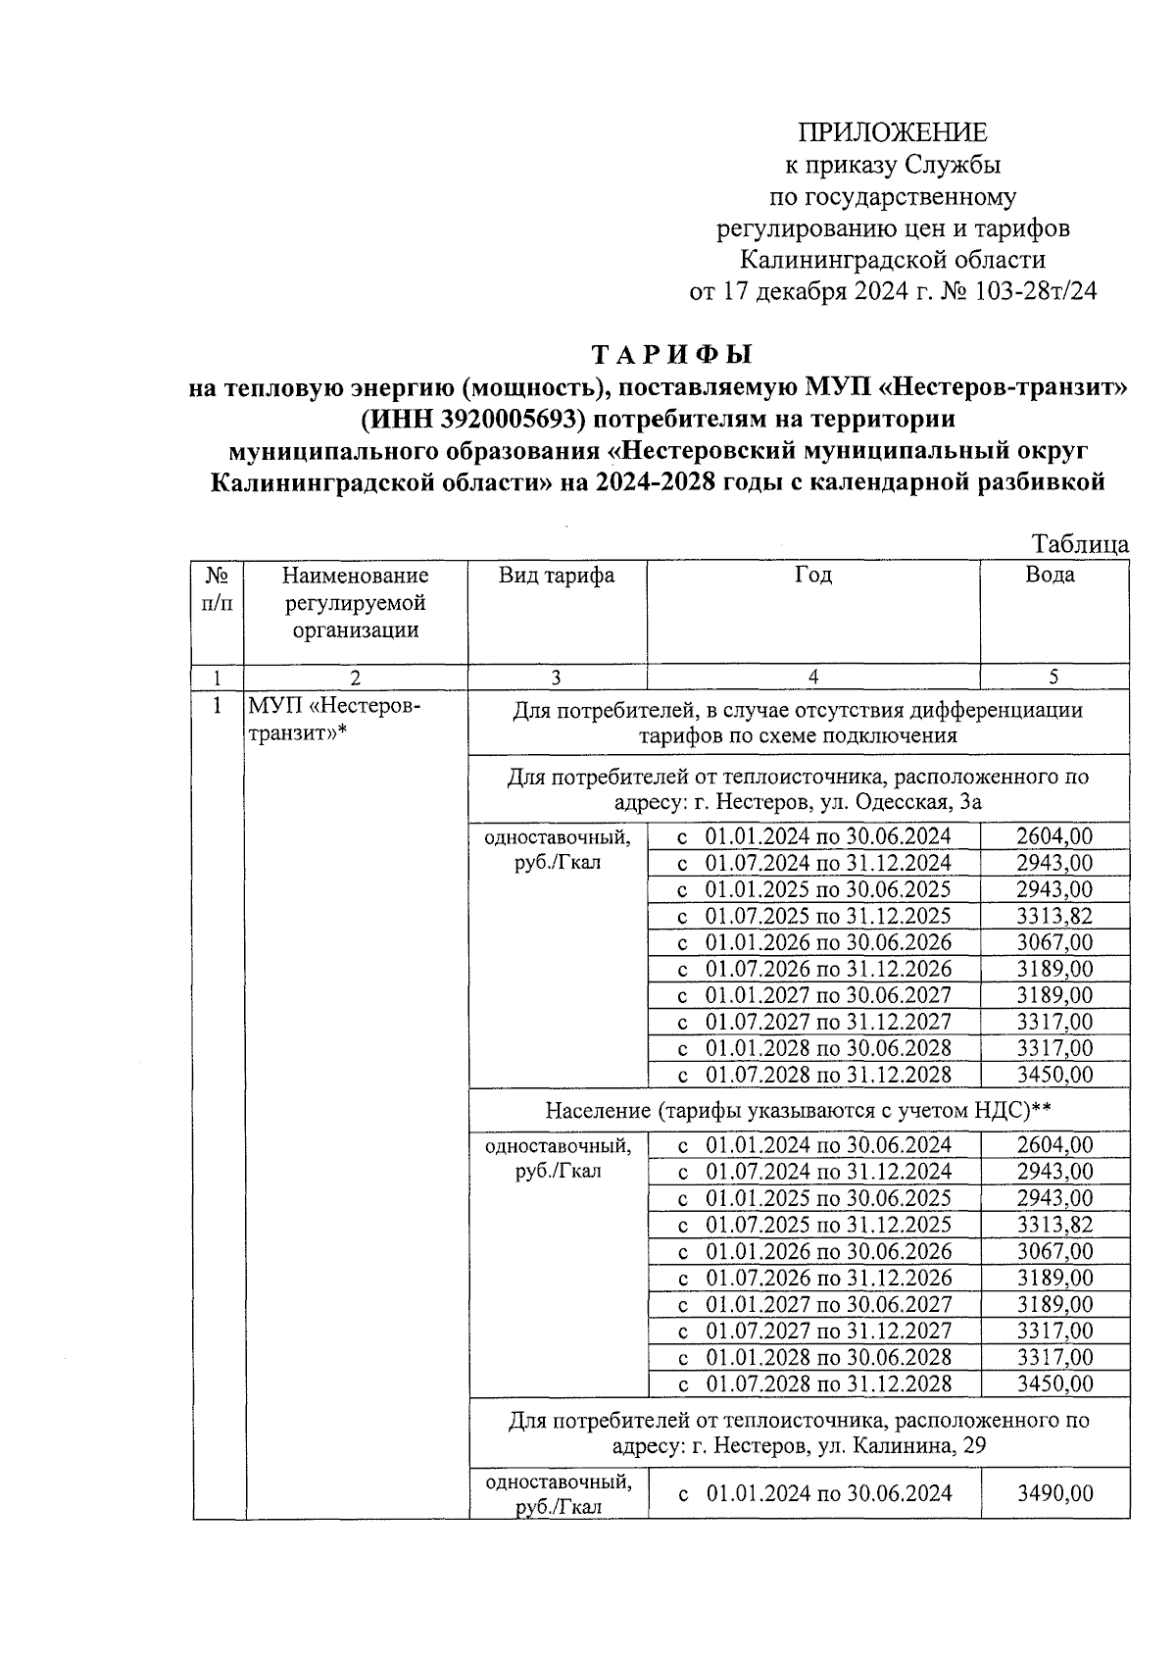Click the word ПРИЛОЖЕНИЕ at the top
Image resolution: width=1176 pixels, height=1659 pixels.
(x=892, y=132)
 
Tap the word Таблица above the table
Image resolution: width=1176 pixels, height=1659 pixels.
(x=1080, y=544)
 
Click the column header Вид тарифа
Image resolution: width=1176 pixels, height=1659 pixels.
(x=557, y=576)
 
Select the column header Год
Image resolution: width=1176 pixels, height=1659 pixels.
(x=812, y=576)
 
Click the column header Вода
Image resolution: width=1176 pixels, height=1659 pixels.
(x=1050, y=576)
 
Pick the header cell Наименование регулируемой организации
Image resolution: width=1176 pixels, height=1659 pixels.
(x=355, y=602)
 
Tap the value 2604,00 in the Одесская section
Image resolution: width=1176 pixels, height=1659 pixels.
(x=1054, y=836)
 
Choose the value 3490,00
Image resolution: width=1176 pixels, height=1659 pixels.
(x=1054, y=1493)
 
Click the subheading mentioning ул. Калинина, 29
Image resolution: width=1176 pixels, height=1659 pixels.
(x=799, y=1433)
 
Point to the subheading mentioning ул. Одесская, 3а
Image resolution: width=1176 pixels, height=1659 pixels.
(x=799, y=789)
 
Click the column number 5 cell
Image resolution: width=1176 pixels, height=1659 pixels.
(x=1053, y=677)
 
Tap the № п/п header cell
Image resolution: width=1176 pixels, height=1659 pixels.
(x=218, y=588)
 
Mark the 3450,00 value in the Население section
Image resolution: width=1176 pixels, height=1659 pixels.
(x=1054, y=1383)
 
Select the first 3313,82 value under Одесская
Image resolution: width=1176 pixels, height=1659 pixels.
(x=1054, y=916)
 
